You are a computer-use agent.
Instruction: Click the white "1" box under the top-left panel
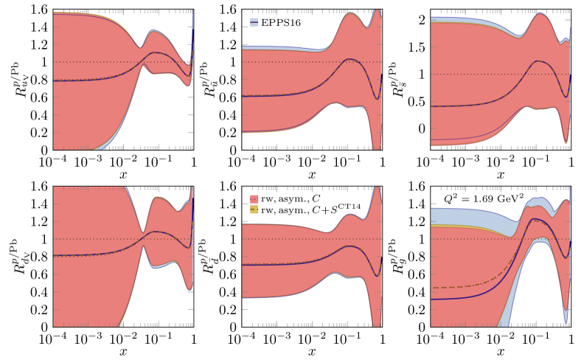194,162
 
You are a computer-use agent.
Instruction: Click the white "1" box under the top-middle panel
383,162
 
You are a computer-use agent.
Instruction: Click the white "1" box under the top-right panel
571,162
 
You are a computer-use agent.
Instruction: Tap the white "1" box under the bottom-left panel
194,339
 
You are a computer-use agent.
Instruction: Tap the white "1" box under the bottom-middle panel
383,339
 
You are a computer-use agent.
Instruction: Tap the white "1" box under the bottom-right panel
571,339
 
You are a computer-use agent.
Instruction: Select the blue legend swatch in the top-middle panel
254,22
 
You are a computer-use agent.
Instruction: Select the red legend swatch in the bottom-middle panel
254,199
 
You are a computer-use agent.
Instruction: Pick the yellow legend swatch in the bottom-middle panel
254,210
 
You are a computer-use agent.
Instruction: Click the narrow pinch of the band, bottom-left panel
143,233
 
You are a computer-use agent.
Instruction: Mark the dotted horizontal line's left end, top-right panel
432,74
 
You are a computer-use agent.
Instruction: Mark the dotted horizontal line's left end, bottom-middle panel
243,238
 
